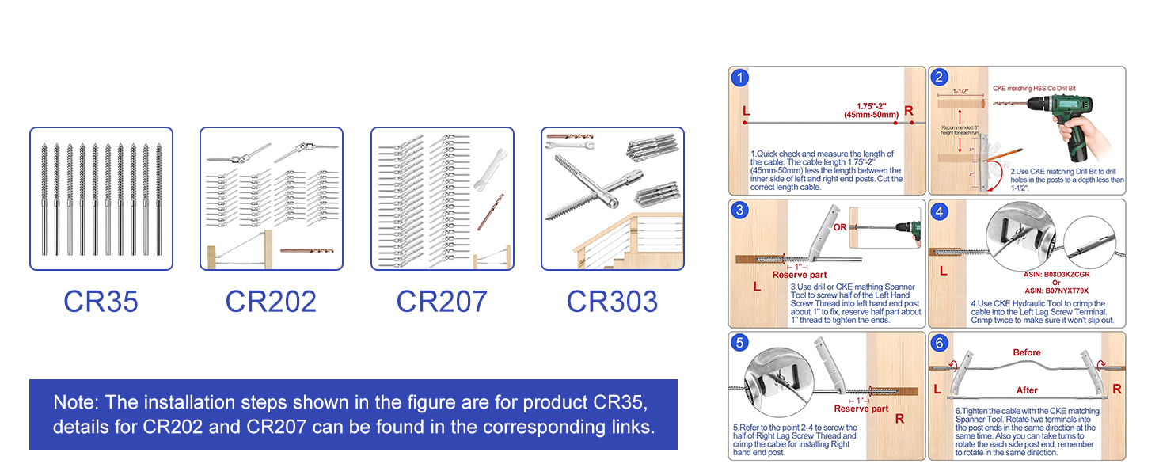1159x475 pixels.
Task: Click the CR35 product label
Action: pos(101,302)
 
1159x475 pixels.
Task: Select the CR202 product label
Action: pos(271,302)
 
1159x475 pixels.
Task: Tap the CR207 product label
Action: pos(442,302)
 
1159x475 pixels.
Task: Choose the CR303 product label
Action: pos(612,302)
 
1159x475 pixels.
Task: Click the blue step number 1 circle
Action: pos(739,78)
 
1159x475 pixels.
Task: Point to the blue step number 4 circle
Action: pos(939,211)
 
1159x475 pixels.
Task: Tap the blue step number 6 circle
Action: pos(939,343)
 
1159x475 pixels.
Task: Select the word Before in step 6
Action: pos(1027,352)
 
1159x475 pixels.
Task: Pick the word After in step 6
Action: pos(1027,390)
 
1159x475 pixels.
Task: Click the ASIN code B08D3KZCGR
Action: pos(1056,274)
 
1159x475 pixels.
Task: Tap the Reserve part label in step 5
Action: pos(861,408)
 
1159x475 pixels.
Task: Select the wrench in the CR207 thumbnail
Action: pos(488,169)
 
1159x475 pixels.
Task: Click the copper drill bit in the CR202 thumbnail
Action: pos(306,250)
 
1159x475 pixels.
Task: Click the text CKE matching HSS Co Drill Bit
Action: pos(1034,89)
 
